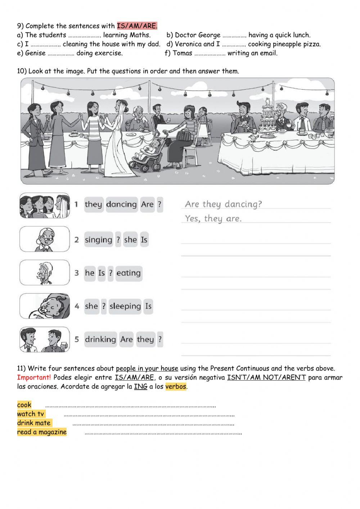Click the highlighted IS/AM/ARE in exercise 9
pos(137,26)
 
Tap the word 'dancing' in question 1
pos(122,204)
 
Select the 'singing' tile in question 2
pos(99,240)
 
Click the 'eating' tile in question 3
pos(129,273)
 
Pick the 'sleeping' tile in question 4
pos(125,306)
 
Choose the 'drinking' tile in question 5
pos(100,339)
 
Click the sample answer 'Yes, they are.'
pos(213,219)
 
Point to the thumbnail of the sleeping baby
pos(45,306)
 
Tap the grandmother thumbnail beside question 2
pos(45,239)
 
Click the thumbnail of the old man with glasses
pos(45,272)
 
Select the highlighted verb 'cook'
pos(24,405)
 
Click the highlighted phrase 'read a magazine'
pos(42,432)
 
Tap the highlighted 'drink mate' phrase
pos(34,423)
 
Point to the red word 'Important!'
pos(34,378)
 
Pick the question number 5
pos(77,339)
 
